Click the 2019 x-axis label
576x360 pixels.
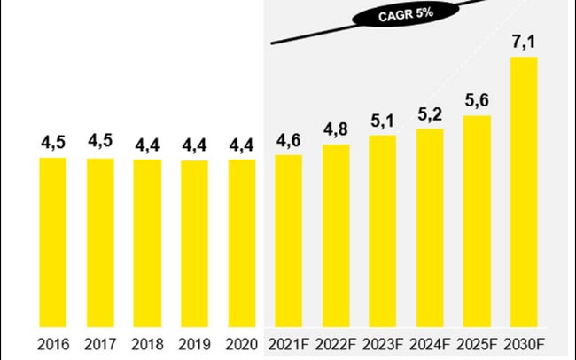(x=194, y=343)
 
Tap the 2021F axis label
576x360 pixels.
(x=288, y=343)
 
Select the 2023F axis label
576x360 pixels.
(x=382, y=343)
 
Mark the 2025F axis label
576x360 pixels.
(x=476, y=343)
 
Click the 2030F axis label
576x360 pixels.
(x=524, y=343)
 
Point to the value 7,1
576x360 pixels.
(x=524, y=40)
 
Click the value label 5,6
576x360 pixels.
(x=477, y=98)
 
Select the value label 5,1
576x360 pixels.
(x=383, y=119)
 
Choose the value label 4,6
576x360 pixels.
(x=289, y=138)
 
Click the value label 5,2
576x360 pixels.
(x=430, y=113)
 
